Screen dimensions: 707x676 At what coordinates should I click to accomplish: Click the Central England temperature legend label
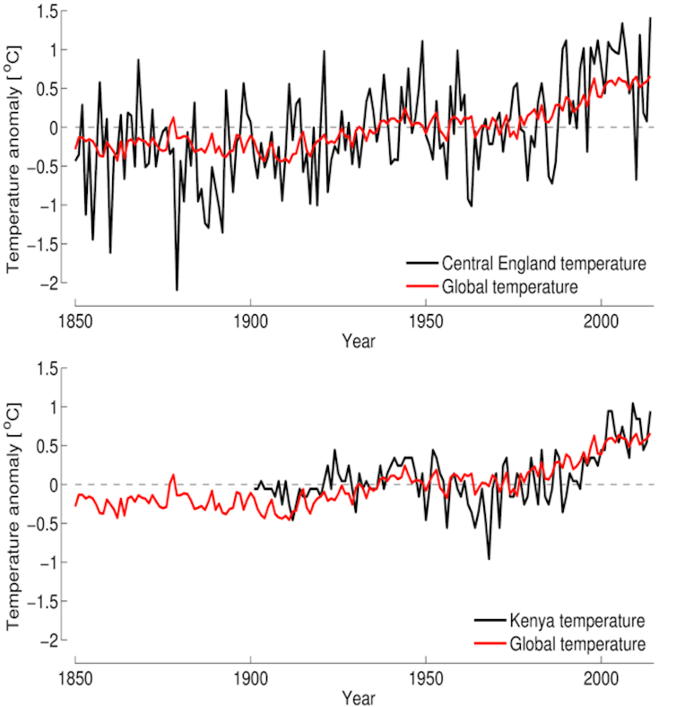tap(543, 264)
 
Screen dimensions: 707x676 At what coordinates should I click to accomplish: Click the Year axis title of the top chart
tap(358, 342)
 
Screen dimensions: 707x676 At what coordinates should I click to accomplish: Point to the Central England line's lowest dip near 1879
tap(177, 289)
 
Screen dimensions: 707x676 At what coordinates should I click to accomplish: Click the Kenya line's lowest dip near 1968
tap(489, 559)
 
